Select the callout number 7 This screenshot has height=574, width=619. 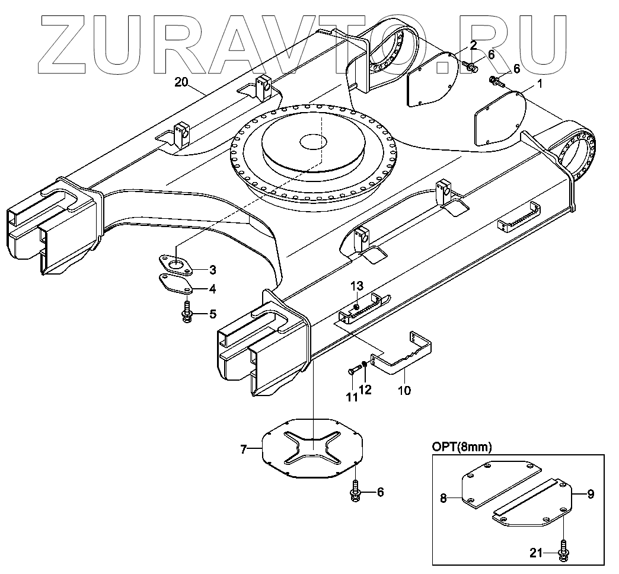244,450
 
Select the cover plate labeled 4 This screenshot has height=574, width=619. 175,285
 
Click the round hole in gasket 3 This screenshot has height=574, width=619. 175,263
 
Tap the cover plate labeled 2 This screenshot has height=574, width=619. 430,79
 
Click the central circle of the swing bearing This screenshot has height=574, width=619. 312,142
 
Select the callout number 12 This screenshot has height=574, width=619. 366,390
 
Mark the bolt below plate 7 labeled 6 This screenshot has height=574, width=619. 355,493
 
